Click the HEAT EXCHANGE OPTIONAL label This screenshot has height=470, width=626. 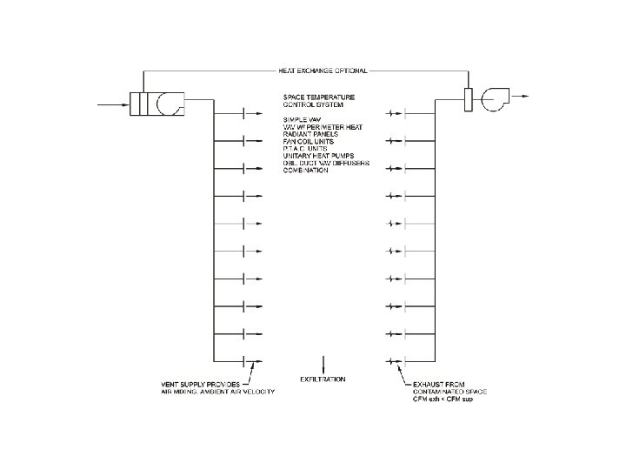pos(323,70)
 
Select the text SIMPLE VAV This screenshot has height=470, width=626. pos(303,118)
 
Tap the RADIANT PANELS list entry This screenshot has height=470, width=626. pos(309,135)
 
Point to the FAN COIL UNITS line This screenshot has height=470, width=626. pos(309,142)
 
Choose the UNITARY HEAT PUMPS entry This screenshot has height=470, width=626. pos(316,157)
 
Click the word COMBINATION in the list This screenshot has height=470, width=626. pos(305,171)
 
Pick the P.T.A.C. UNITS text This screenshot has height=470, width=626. pos(305,150)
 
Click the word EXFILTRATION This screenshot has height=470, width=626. pos(323,379)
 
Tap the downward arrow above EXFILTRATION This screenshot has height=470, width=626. pos(323,364)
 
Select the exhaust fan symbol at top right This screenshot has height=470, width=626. pos(496,99)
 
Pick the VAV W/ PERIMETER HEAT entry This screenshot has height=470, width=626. pos(323,127)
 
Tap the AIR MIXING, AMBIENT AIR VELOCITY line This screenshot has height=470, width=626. pos(217,393)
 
